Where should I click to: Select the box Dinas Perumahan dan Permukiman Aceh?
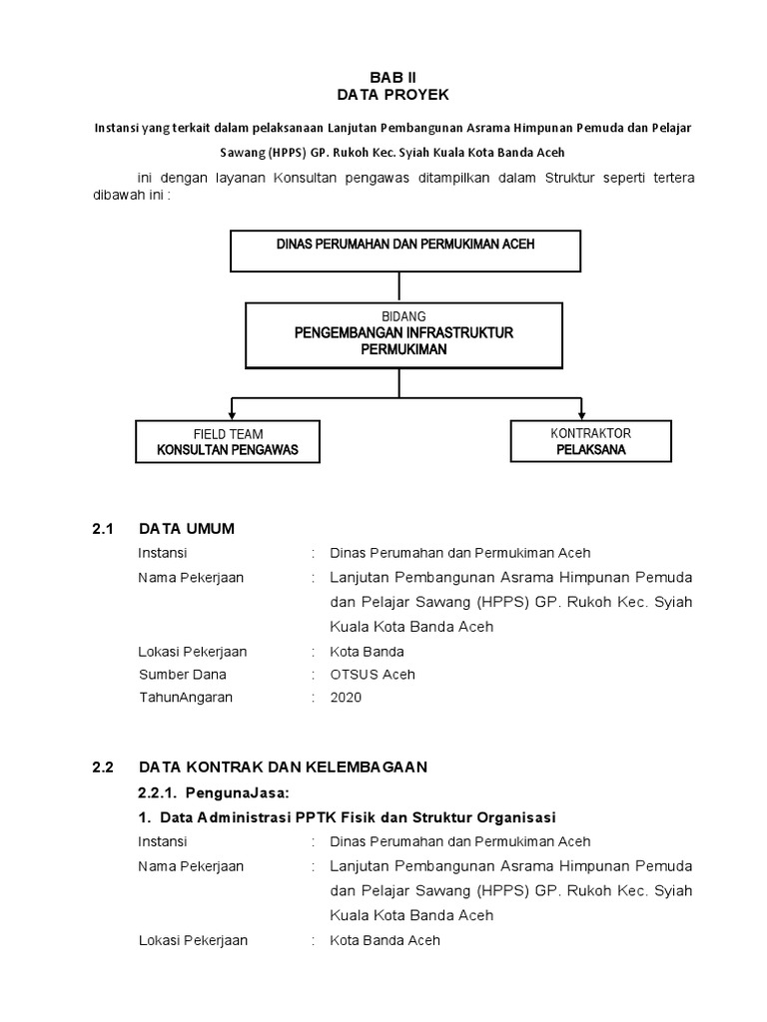pyautogui.click(x=405, y=251)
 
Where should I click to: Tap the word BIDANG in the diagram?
pyautogui.click(x=403, y=316)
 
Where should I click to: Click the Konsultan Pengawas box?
pyautogui.click(x=228, y=441)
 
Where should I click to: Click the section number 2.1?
pyautogui.click(x=105, y=529)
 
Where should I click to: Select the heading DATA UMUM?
pyautogui.click(x=187, y=529)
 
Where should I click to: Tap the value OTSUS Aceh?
pyautogui.click(x=373, y=675)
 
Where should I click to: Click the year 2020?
pyautogui.click(x=347, y=698)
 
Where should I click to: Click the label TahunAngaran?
pyautogui.click(x=186, y=698)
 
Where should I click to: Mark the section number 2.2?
pyautogui.click(x=105, y=766)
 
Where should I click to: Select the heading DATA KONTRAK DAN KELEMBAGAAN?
pyautogui.click(x=283, y=766)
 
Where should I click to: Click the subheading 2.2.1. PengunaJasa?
pyautogui.click(x=213, y=791)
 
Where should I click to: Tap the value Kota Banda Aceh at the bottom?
pyautogui.click(x=384, y=940)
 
